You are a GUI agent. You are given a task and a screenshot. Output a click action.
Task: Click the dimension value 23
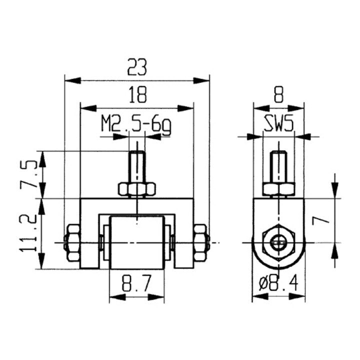coord(137,67)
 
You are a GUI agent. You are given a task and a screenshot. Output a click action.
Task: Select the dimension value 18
coord(137,94)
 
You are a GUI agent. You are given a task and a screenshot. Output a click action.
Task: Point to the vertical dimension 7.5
coord(28,174)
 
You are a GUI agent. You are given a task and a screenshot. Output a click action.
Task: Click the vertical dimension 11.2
coord(28,233)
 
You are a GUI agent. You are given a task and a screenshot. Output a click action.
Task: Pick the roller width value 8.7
coord(137,283)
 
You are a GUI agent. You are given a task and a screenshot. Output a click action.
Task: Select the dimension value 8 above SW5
coord(278,94)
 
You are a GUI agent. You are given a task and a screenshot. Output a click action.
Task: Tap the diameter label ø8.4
coord(278,284)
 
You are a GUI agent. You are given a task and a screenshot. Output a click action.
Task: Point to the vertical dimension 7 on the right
coord(320,220)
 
